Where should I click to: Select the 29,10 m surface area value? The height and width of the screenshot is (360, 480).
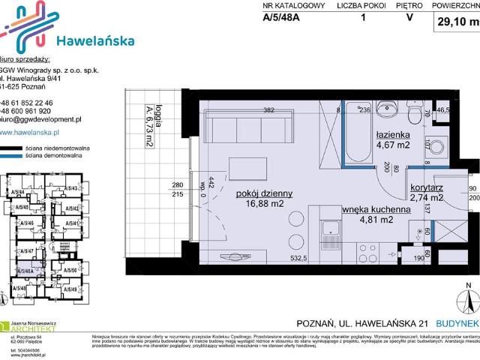pos(457,22)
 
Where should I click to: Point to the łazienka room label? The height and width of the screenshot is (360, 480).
pos(392,136)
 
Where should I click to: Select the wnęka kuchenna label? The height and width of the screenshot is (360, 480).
pos(376,210)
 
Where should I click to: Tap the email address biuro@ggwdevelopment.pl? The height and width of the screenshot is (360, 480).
pos(40,119)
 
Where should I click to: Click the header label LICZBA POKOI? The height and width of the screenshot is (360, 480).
pos(362,6)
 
